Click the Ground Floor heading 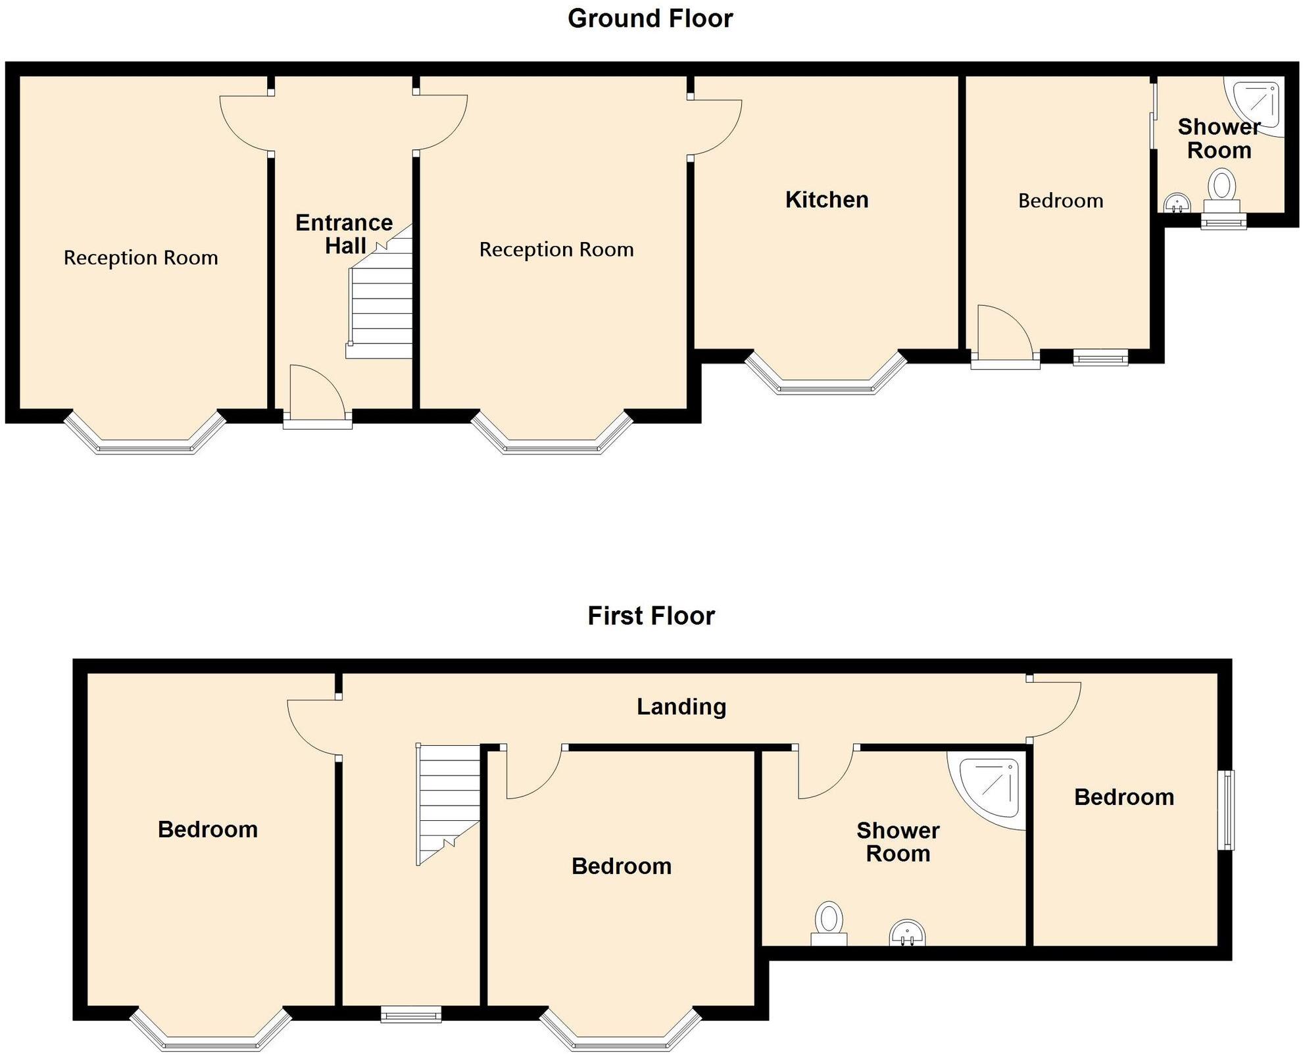(x=650, y=18)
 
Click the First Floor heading (x=651, y=616)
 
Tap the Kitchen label (x=827, y=199)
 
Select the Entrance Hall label (x=344, y=233)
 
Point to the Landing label (x=681, y=706)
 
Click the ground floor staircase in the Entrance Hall (x=380, y=303)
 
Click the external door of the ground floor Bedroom (x=1005, y=360)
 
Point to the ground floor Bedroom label (x=1060, y=201)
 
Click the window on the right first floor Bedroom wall (x=1228, y=810)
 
